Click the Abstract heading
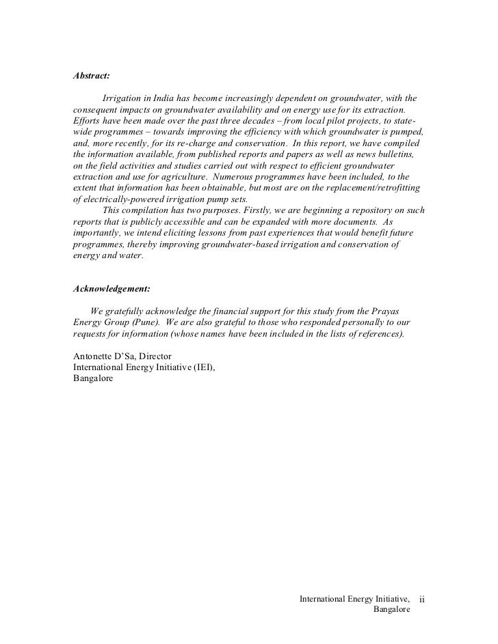coord(92,75)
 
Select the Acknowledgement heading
coord(112,289)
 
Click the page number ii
coord(422,600)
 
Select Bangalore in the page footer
coord(391,610)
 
